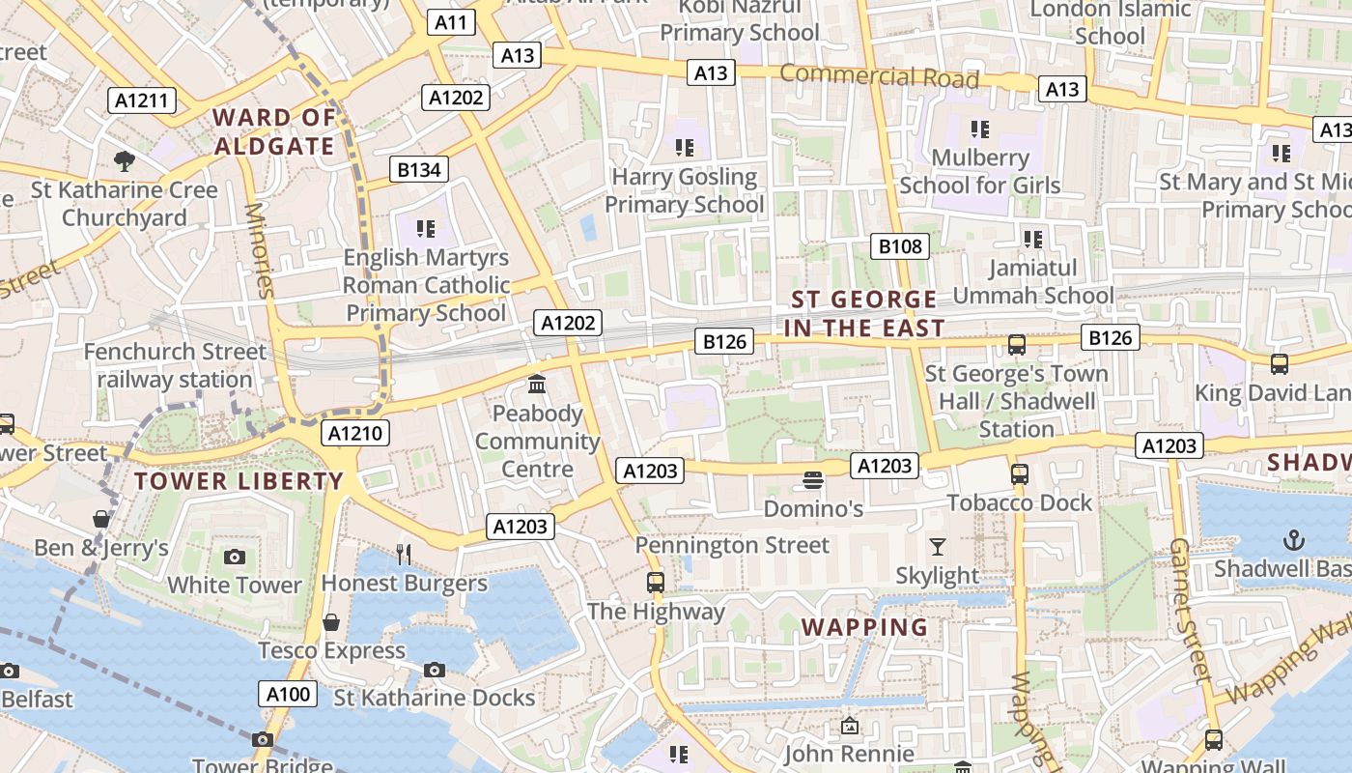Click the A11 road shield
451,22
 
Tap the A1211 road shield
141,100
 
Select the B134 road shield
419,170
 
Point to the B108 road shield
900,246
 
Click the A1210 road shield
355,433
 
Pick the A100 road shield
288,693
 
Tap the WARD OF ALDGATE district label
274,132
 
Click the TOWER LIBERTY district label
239,481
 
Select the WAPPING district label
864,627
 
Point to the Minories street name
260,249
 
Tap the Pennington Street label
732,545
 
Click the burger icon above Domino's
813,480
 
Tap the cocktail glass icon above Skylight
937,547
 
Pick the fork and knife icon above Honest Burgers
404,554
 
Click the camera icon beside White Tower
234,557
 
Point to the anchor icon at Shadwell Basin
1293,540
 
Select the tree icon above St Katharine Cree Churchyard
124,160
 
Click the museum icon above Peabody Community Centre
537,385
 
